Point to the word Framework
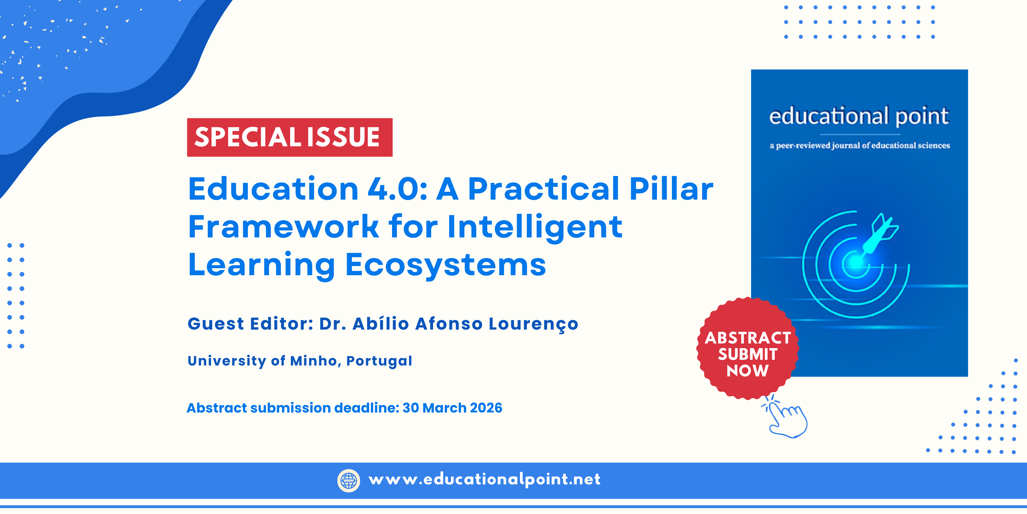[283, 226]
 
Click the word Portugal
[379, 361]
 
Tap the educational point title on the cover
[859, 116]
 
